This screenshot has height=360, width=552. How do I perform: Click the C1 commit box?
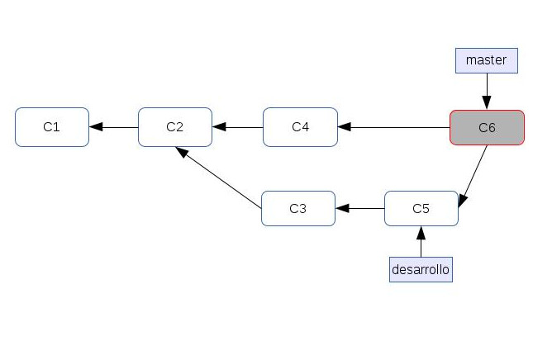(52, 127)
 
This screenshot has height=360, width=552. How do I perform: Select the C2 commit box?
(175, 127)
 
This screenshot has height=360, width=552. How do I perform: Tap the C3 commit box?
(298, 208)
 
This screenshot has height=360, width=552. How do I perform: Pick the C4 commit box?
(300, 127)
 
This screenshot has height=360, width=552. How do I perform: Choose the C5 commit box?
(421, 208)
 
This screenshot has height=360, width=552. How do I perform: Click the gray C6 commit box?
(487, 127)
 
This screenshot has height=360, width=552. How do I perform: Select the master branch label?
(487, 59)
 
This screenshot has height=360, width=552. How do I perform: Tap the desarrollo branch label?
(421, 269)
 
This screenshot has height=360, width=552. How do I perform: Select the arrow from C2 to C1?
(114, 127)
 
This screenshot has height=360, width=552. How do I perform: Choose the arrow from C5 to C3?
(360, 208)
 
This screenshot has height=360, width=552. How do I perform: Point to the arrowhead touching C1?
(96, 127)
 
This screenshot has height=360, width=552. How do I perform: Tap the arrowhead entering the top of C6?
(487, 103)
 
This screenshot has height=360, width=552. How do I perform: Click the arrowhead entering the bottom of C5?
(421, 231)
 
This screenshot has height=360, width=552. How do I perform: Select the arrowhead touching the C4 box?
(345, 127)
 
